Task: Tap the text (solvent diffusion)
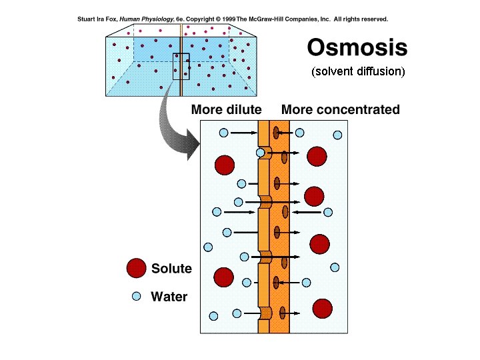[358, 72]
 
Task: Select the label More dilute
[226, 110]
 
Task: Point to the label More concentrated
[341, 110]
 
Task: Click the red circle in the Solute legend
[136, 268]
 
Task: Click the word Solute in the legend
[171, 269]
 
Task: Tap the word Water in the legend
[169, 297]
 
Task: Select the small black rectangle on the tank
[181, 66]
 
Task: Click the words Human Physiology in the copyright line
[147, 19]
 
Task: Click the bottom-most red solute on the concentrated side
[323, 309]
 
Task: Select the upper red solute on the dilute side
[225, 164]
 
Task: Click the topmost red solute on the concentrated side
[317, 157]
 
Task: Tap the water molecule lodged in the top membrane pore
[261, 153]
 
